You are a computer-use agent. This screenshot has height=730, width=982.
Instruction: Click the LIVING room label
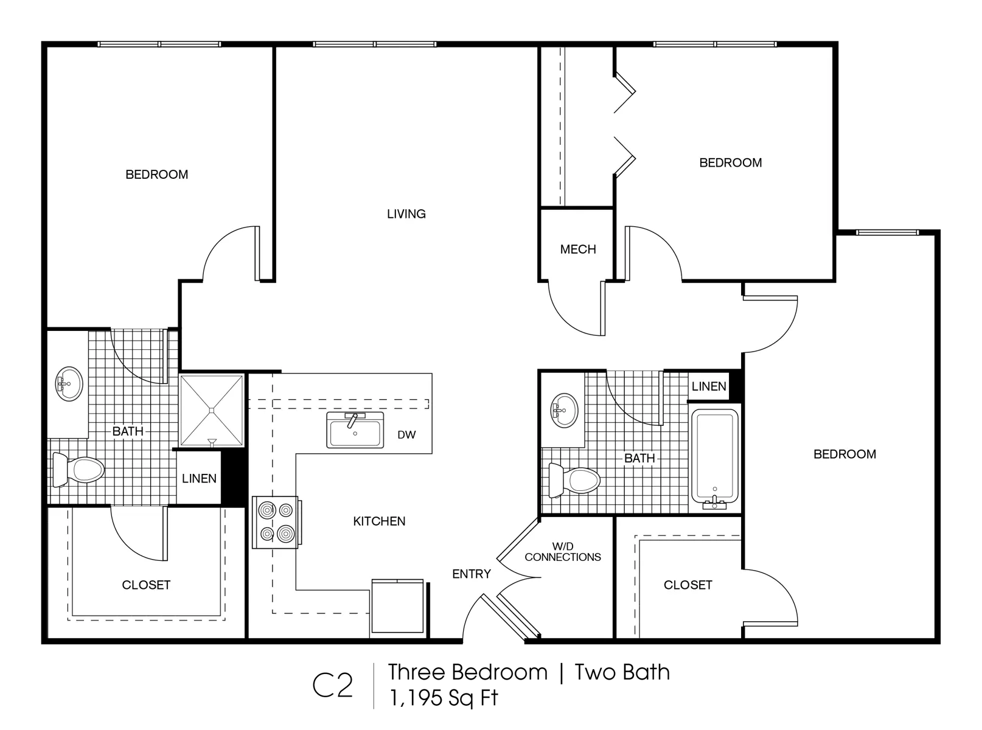(x=406, y=214)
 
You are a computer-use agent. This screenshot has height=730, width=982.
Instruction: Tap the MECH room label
(x=578, y=249)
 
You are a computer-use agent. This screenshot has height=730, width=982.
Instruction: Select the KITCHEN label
(x=379, y=521)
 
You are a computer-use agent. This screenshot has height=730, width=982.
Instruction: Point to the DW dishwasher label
(x=406, y=435)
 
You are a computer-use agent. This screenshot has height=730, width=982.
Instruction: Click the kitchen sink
(x=355, y=430)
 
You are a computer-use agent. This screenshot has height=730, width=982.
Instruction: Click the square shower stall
(x=212, y=411)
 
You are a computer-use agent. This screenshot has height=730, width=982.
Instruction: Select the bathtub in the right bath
(x=714, y=459)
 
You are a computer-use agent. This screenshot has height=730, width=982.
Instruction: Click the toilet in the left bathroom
(x=78, y=469)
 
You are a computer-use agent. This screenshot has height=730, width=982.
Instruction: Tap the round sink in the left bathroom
(x=69, y=384)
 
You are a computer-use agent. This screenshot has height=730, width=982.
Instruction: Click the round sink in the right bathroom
(x=564, y=411)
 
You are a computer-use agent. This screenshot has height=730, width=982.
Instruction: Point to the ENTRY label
(x=472, y=574)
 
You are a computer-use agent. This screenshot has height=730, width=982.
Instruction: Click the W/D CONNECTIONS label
(x=563, y=552)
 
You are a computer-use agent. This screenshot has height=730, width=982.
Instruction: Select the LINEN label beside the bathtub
(x=709, y=386)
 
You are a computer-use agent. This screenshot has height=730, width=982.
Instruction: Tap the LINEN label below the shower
(x=199, y=479)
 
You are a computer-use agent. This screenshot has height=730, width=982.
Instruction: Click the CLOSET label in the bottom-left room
(x=146, y=585)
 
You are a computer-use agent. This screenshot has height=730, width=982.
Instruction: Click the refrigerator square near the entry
(x=397, y=606)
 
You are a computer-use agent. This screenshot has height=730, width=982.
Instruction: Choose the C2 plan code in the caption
(x=332, y=686)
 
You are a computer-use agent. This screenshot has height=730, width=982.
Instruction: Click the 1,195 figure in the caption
(x=416, y=698)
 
